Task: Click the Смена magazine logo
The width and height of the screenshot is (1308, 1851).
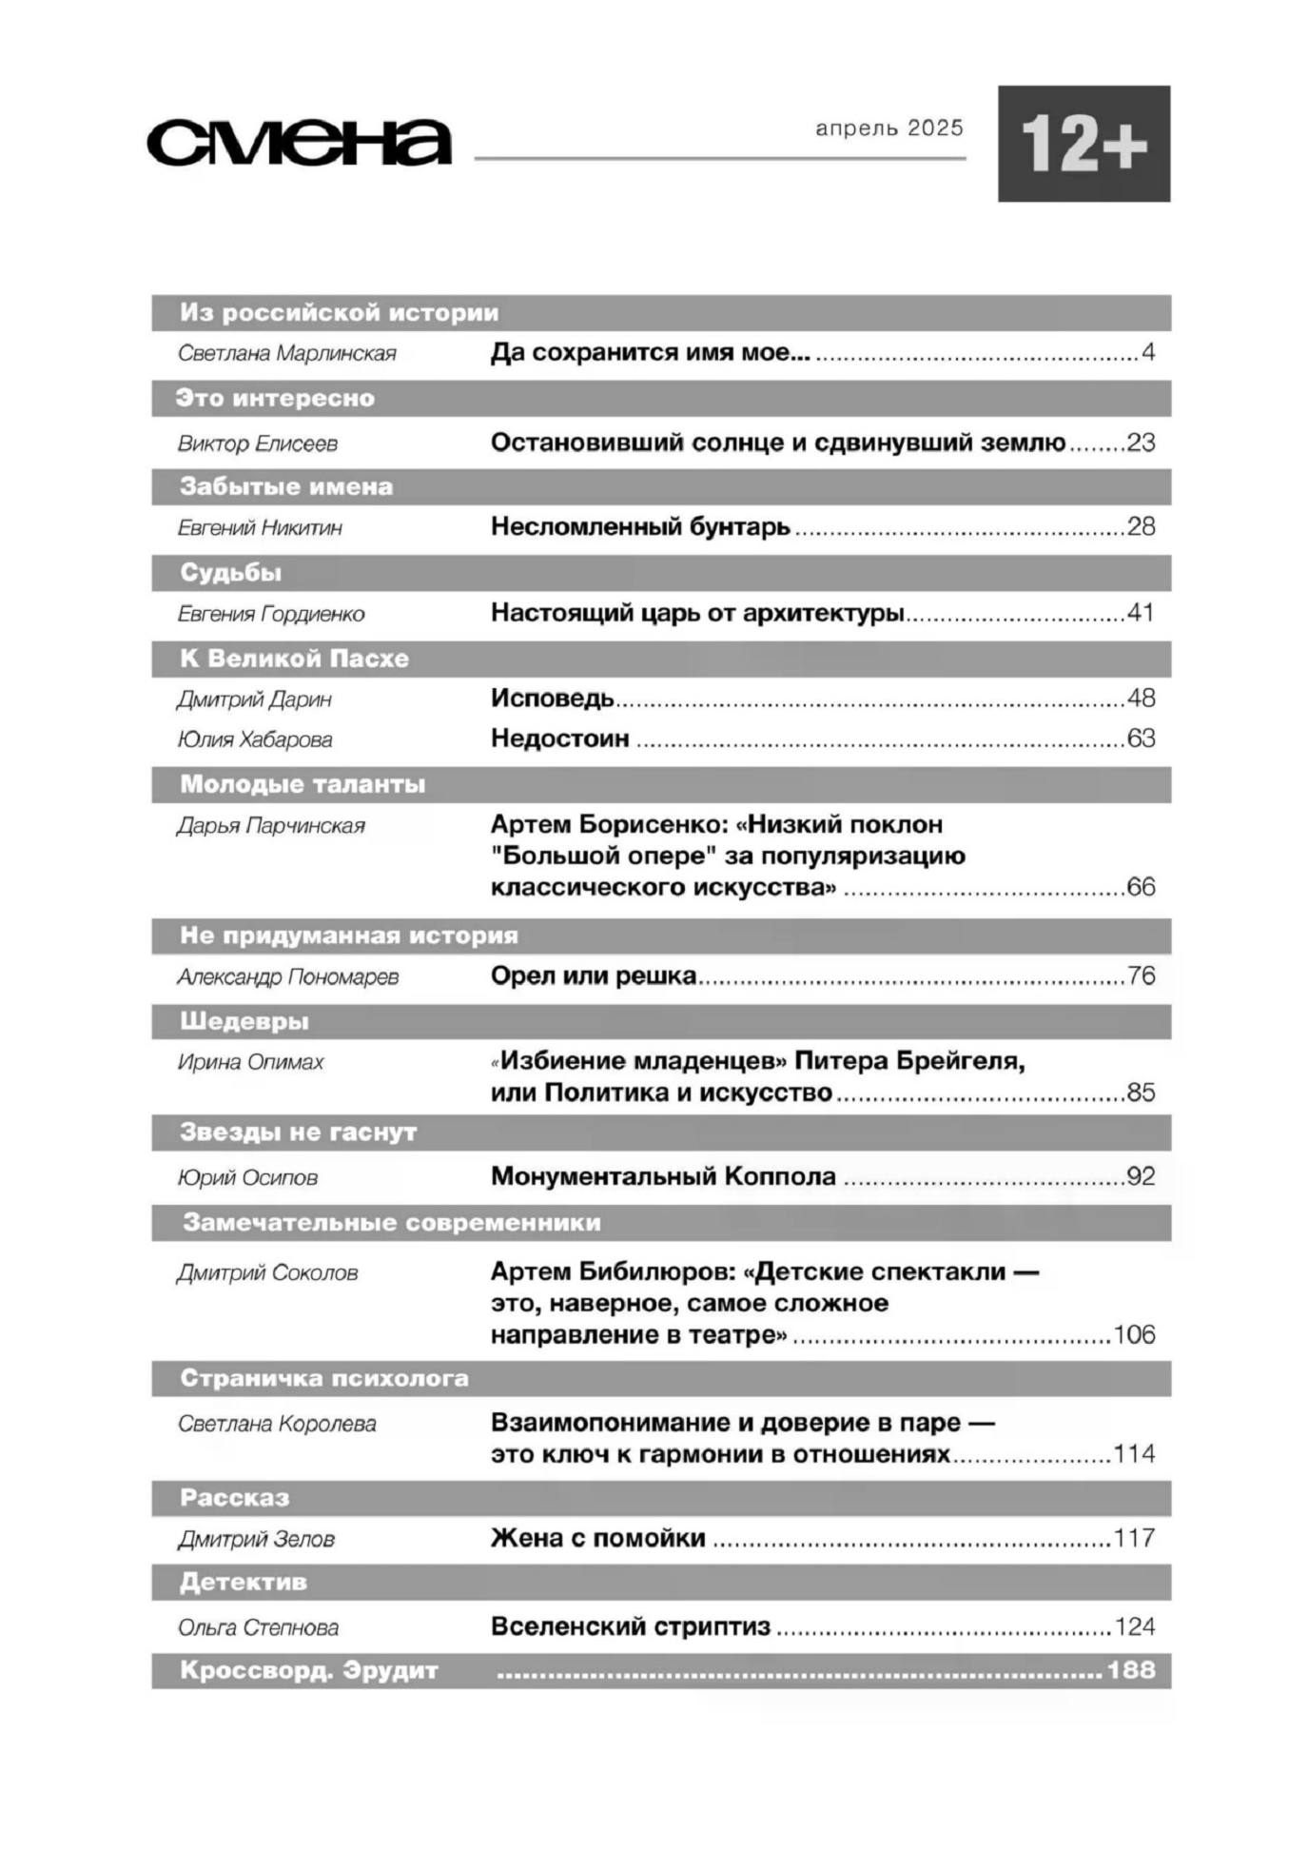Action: [299, 143]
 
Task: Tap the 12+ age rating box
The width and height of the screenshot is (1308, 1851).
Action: [1083, 144]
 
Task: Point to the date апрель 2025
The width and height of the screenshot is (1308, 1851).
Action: [889, 128]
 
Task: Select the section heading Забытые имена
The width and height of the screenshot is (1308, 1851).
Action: [286, 487]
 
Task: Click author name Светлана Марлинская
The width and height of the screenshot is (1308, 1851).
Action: [286, 354]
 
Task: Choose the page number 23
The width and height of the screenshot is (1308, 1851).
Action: [1141, 443]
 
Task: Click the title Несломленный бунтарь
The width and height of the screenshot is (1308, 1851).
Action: [640, 526]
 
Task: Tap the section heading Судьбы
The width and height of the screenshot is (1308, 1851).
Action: [231, 573]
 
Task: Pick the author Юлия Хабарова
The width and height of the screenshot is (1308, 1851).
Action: [255, 739]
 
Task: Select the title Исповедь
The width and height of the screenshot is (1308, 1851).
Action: [553, 699]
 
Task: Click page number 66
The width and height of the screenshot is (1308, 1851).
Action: [1141, 887]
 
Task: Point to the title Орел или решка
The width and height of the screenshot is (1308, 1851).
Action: [594, 975]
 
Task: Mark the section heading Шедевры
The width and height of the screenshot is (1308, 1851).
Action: [244, 1021]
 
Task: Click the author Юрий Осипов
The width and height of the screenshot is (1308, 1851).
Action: [247, 1178]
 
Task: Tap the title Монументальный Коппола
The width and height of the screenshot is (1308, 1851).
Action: [663, 1176]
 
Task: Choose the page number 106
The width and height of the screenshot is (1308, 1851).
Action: [1134, 1334]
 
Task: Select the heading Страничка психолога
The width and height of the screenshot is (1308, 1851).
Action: [324, 1378]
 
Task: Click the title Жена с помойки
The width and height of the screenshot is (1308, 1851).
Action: [598, 1538]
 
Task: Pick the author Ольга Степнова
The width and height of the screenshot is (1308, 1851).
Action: [258, 1628]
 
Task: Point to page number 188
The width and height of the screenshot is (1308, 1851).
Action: [1131, 1670]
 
